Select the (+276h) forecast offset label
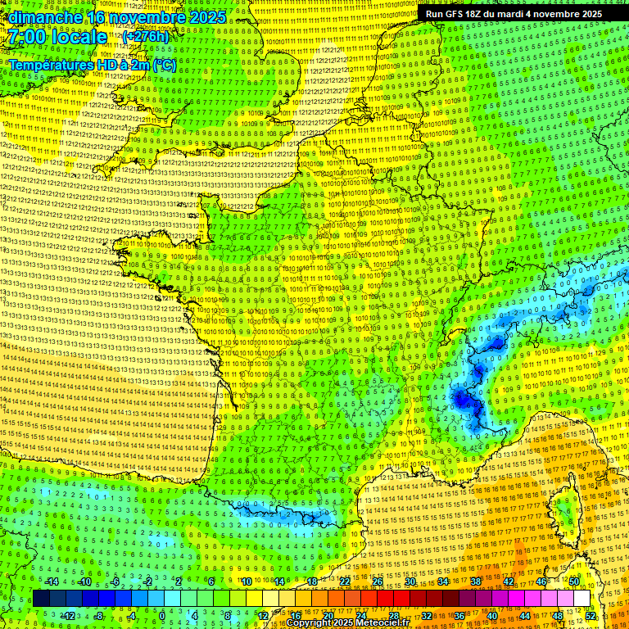click(x=145, y=37)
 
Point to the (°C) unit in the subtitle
click(x=162, y=64)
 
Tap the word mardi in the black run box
click(x=531, y=14)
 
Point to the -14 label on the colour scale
click(x=52, y=581)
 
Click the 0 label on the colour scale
click(x=163, y=615)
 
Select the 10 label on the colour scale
click(x=246, y=581)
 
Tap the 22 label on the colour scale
click(x=345, y=581)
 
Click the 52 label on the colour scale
click(x=591, y=615)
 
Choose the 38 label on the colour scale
click(x=476, y=581)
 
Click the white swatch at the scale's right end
click(x=581, y=599)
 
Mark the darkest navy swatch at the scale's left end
click(x=41, y=599)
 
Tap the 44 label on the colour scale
click(x=525, y=615)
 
